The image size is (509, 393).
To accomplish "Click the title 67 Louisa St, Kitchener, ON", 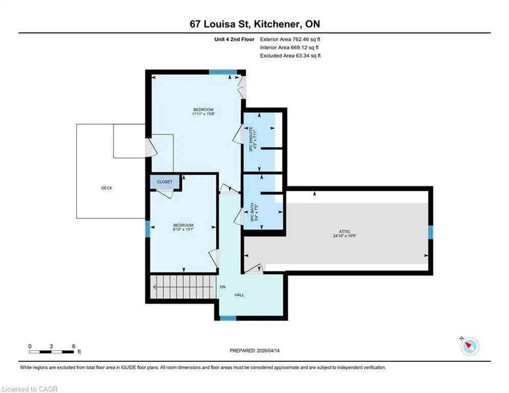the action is point(255,24).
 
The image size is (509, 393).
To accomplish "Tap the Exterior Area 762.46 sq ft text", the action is point(290,39).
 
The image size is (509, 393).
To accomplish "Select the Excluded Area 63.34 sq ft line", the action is point(290,56).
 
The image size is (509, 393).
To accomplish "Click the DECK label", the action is point(106,188).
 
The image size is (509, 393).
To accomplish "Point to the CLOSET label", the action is point(165,182).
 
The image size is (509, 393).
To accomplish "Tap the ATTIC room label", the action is point(345,232).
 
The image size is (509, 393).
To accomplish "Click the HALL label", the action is point(239,295).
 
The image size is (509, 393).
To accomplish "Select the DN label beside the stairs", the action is point(223,287).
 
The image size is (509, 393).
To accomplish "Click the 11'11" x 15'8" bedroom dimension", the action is point(204,114).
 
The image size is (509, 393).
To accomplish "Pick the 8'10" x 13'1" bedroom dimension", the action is point(184,229).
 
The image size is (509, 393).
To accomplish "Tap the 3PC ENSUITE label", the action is point(251,139).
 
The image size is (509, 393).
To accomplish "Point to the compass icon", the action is point(470,346).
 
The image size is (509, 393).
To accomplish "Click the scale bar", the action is point(51,352).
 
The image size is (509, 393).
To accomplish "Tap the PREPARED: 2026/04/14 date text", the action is point(255,351).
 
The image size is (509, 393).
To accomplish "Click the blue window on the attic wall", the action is point(430,232).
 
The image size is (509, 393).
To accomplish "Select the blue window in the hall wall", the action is point(228,318).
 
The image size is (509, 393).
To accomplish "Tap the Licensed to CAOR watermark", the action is point(30,389).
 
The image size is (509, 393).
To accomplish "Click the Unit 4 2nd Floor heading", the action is point(234,39).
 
